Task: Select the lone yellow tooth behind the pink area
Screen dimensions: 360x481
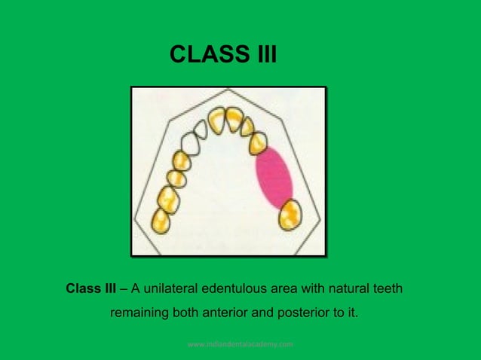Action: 289,216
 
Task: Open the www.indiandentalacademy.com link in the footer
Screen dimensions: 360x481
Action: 240,344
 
